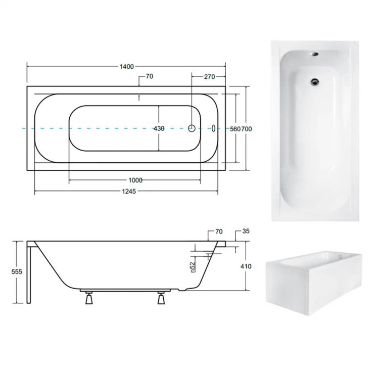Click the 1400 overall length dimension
126,67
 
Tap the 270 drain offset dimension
209,77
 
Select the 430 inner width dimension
159,128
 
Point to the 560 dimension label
235,129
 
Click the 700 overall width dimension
247,129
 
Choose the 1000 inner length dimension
135,180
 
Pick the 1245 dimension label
129,191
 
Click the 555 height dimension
17,272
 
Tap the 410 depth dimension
246,266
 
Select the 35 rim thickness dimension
246,231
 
